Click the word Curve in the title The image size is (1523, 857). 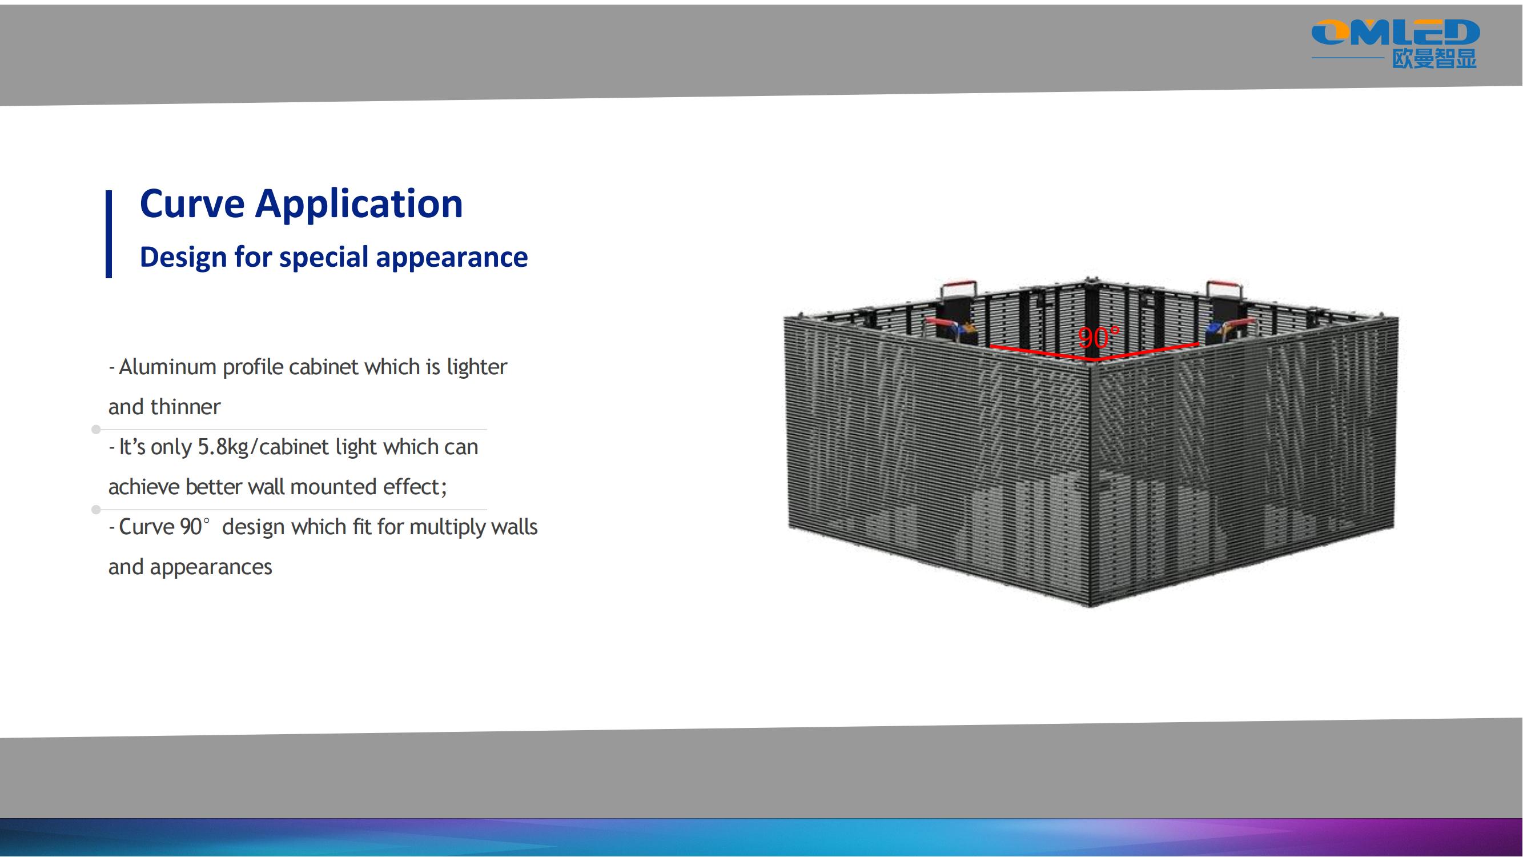coord(191,203)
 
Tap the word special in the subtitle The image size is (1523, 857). coord(324,258)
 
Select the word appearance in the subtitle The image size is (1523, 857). coord(452,258)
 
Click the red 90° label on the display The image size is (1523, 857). coord(1099,338)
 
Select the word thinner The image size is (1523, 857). coord(185,407)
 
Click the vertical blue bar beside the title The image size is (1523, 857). coord(109,234)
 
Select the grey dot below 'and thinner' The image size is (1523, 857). coord(96,430)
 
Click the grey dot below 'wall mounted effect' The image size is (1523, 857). coord(96,509)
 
